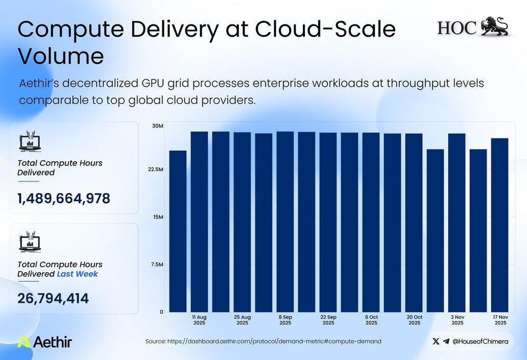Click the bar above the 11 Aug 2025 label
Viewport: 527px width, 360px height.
click(199, 222)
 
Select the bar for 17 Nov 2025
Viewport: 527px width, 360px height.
click(500, 225)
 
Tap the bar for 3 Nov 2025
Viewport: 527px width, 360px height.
click(457, 223)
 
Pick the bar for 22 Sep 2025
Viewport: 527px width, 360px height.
click(328, 223)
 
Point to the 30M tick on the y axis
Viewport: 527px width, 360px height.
click(158, 126)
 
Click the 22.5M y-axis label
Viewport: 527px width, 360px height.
click(156, 170)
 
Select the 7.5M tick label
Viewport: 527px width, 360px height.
click(157, 265)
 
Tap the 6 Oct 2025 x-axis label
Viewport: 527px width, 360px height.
click(371, 320)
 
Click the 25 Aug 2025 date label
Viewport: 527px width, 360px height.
click(243, 320)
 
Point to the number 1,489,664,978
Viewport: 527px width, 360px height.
click(64, 199)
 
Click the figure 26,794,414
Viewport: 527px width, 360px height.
click(53, 299)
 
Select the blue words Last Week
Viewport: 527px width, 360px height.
click(77, 274)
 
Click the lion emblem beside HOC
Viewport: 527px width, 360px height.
click(495, 26)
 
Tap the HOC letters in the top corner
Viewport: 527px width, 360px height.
click(457, 28)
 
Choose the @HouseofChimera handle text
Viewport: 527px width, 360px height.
click(481, 342)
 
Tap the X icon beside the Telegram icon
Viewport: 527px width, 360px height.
click(436, 342)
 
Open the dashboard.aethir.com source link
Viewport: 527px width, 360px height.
click(274, 342)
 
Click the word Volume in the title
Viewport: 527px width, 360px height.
click(61, 56)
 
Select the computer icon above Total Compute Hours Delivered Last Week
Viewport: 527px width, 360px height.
click(30, 242)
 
